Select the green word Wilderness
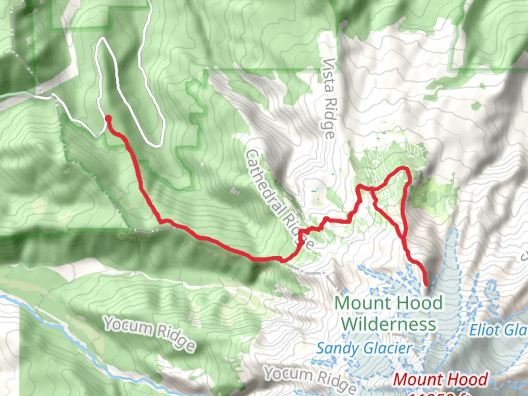(x=389, y=324)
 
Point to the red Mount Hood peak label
(x=440, y=379)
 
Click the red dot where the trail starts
(x=108, y=118)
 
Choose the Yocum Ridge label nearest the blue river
(x=149, y=333)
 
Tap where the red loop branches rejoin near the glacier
(x=404, y=238)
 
